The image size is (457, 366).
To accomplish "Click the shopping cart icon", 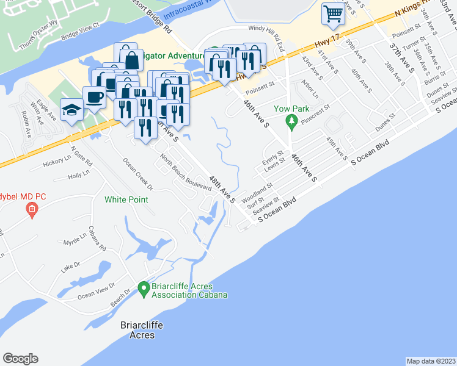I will tap(334, 13).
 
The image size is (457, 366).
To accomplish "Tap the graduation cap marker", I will tap(72, 110).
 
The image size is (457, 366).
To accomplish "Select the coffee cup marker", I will tap(94, 98).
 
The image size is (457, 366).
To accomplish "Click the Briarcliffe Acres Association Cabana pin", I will tap(144, 289).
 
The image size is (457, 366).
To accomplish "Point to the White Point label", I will tap(127, 199).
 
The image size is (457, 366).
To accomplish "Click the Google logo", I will tap(20, 359).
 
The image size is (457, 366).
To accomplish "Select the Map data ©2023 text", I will tap(431, 361).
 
